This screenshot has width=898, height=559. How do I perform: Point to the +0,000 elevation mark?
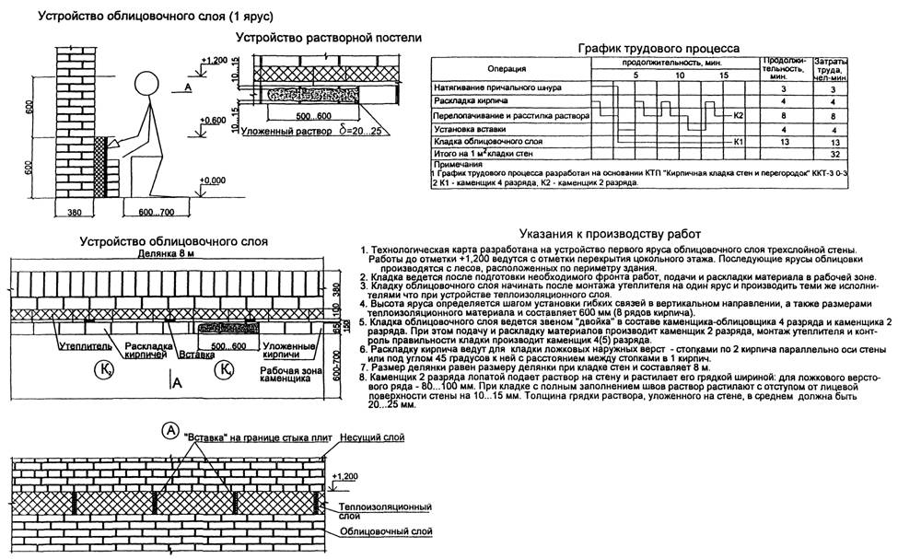click(x=215, y=181)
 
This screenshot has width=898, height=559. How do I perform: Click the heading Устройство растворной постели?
click(x=329, y=38)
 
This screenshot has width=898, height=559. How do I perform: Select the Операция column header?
click(x=507, y=69)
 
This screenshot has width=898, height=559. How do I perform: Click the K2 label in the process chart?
click(x=740, y=117)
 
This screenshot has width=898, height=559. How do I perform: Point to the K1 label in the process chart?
click(x=740, y=144)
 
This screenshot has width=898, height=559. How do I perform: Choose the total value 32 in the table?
click(x=832, y=157)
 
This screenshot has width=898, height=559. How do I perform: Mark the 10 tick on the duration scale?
click(x=680, y=76)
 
